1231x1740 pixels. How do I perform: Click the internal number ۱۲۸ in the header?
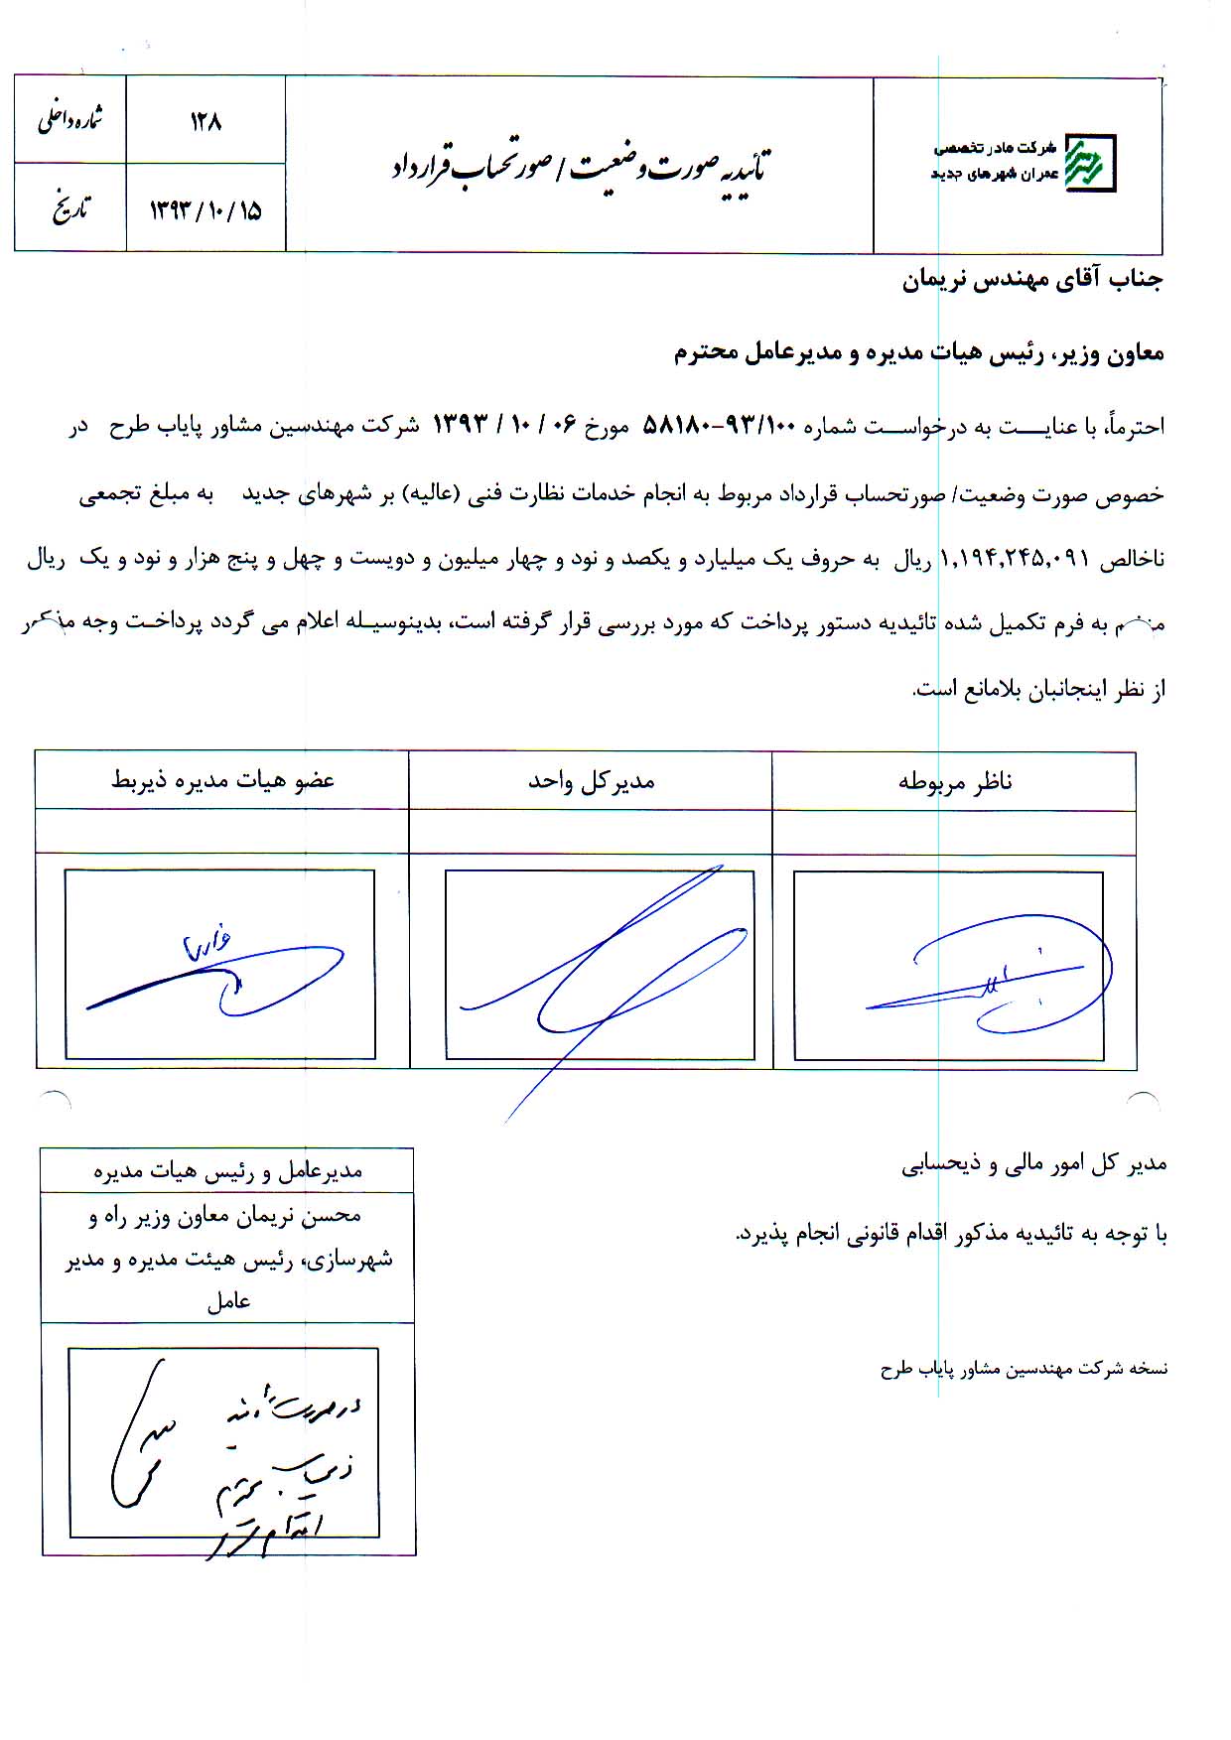[x=205, y=122]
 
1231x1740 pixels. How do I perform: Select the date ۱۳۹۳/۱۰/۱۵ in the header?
[x=205, y=210]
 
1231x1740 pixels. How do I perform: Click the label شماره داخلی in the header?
[x=70, y=120]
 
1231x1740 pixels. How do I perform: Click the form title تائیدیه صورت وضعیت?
[x=581, y=166]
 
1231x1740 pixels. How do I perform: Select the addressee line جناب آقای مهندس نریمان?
[x=1031, y=281]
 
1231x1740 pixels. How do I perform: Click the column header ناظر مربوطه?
[x=954, y=782]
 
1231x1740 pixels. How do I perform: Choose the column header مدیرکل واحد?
[x=591, y=782]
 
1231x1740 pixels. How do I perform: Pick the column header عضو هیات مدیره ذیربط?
[x=222, y=781]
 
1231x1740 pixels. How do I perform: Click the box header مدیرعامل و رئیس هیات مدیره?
[x=227, y=1172]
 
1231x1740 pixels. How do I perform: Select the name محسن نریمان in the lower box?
[x=319, y=1216]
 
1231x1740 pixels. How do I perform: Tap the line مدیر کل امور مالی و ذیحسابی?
[x=1033, y=1164]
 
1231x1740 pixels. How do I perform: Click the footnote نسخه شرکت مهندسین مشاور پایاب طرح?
[x=1024, y=1370]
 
